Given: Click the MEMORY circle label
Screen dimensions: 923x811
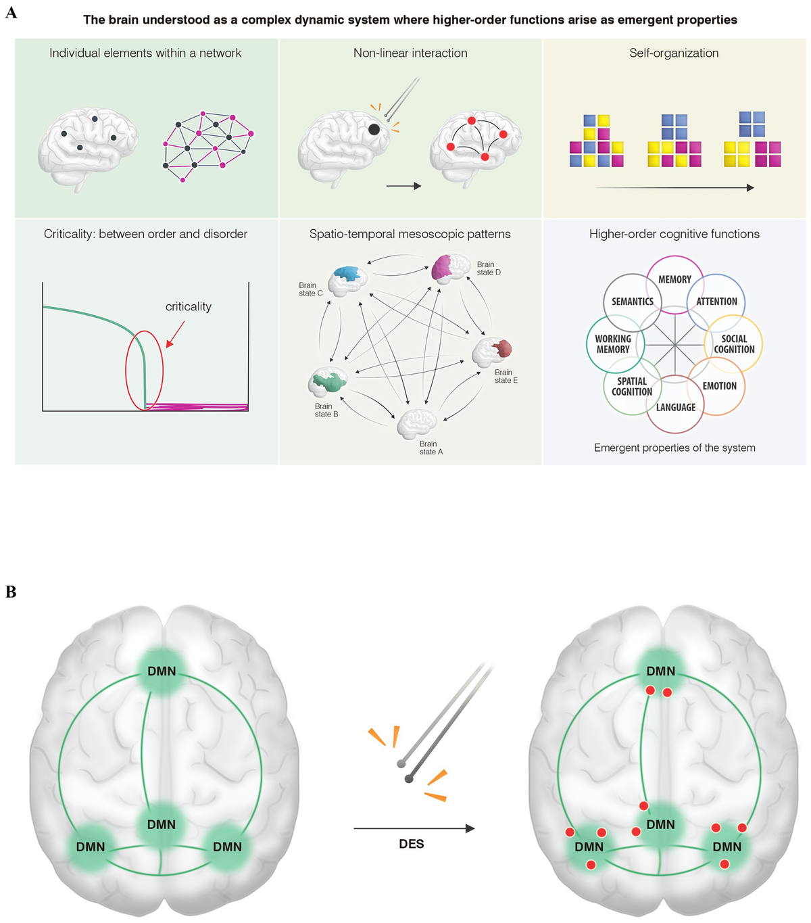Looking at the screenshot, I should pyautogui.click(x=674, y=279).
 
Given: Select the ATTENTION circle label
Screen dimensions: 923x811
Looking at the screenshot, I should pyautogui.click(x=716, y=302).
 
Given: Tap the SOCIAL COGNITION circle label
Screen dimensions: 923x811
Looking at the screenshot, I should pyautogui.click(x=734, y=344).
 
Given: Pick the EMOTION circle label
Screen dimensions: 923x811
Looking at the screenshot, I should pyautogui.click(x=719, y=386).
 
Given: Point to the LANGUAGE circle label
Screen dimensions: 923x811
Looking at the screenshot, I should pyautogui.click(x=675, y=407).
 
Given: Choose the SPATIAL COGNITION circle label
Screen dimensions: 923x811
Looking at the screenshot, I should pyautogui.click(x=632, y=386).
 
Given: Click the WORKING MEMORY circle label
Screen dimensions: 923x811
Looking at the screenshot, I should pyautogui.click(x=613, y=344).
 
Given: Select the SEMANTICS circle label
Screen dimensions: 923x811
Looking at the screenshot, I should pyautogui.click(x=633, y=302).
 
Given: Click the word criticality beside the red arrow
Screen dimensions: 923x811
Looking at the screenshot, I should pyautogui.click(x=189, y=307).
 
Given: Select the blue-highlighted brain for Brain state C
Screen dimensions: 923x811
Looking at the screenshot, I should pyautogui.click(x=348, y=278).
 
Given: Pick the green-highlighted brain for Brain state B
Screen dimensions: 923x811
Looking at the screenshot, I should pyautogui.click(x=328, y=382).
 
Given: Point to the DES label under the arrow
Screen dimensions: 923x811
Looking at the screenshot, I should pyautogui.click(x=411, y=844).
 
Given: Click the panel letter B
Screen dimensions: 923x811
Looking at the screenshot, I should pyautogui.click(x=11, y=592).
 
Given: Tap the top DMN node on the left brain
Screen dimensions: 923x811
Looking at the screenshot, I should pyautogui.click(x=162, y=671).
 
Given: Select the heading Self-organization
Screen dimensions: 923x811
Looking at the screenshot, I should pyautogui.click(x=674, y=53).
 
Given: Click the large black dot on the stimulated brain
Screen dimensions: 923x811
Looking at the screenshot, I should pyautogui.click(x=374, y=129).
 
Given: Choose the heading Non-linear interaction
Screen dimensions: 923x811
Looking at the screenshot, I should pyautogui.click(x=410, y=53).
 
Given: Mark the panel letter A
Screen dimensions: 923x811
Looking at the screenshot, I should pyautogui.click(x=11, y=12).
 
